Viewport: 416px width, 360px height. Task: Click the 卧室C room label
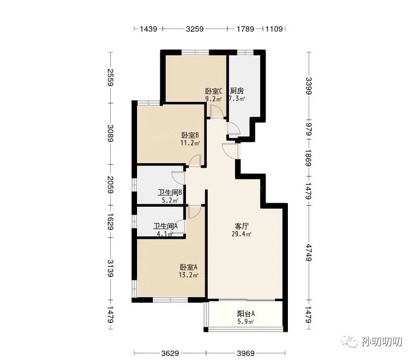coord(214,91)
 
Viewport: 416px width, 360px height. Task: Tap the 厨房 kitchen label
coord(236,91)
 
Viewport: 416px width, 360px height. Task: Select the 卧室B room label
coord(190,135)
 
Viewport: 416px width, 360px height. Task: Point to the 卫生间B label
coord(170,192)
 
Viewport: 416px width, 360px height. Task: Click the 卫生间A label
coord(165,226)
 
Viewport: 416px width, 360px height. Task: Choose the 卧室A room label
coord(188,267)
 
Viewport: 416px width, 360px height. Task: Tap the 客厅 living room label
coord(242,226)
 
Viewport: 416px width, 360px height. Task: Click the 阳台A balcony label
coord(246,314)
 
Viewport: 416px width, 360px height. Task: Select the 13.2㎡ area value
coord(188,275)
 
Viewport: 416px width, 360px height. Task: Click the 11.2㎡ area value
coord(190,143)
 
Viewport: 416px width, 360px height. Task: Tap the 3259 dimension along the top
coord(195,29)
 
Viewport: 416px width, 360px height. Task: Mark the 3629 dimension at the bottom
coord(170,353)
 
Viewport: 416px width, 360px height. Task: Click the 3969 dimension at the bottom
coord(246,353)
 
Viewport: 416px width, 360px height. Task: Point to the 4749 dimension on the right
coord(309,253)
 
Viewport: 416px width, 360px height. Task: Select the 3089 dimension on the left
coord(110,134)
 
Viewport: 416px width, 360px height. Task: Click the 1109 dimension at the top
coord(274,29)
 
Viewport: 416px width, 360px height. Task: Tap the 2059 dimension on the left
coord(110,185)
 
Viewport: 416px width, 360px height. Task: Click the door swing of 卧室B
coord(195,160)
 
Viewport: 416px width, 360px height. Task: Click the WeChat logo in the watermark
coord(350,341)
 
